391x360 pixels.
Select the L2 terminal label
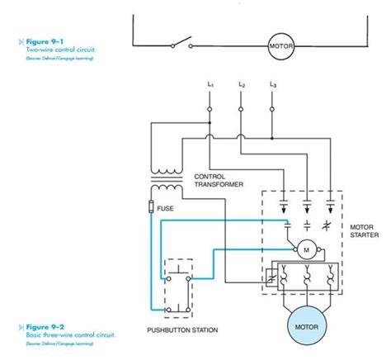click(240, 85)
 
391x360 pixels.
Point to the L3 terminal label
click(272, 85)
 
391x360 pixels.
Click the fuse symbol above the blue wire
click(151, 206)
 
